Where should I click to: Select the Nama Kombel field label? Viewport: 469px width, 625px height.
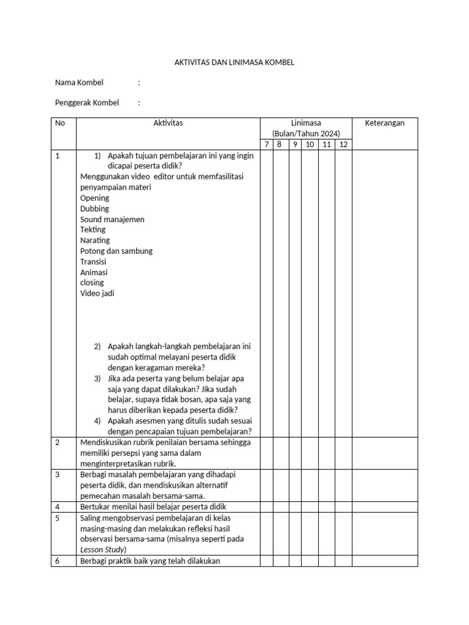79,82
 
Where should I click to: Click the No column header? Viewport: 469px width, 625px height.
60,123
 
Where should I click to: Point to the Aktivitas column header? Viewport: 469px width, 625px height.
168,123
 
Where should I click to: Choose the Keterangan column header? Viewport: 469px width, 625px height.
385,123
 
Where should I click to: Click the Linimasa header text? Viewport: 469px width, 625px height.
306,123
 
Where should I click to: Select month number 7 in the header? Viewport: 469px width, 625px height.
266,145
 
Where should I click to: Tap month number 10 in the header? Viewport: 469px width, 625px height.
310,145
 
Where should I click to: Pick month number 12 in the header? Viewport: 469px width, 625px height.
344,145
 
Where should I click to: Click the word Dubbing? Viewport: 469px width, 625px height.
95,209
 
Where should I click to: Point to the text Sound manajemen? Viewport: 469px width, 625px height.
112,219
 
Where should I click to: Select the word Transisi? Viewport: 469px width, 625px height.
93,262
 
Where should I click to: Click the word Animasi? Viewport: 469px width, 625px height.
94,272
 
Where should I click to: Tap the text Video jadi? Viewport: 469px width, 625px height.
97,293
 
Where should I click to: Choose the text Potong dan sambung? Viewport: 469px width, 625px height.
116,251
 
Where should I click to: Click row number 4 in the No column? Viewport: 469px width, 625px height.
57,507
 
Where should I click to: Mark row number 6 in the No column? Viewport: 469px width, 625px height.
57,561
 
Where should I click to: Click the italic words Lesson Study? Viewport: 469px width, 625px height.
102,550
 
